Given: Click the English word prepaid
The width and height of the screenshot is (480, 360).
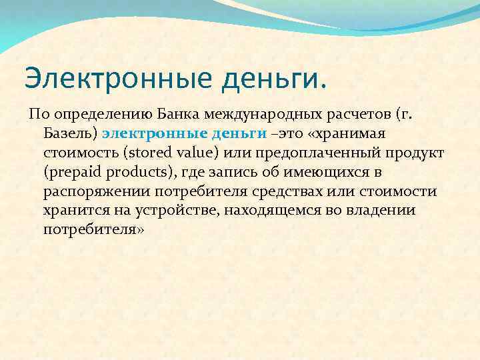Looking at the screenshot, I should [73, 172].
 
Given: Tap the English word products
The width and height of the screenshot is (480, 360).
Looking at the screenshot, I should [139, 172].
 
